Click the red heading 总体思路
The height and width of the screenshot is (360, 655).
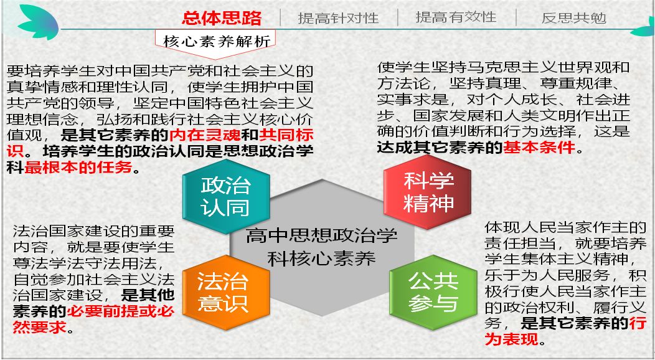(x=222, y=18)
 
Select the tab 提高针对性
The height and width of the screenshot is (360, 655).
(x=338, y=18)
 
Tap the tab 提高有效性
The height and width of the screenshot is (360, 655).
(x=456, y=17)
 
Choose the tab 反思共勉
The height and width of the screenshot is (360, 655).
(x=573, y=18)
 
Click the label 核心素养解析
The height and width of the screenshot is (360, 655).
(x=217, y=42)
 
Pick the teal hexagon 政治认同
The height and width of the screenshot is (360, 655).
(x=225, y=196)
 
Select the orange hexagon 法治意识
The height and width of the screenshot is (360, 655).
(x=222, y=291)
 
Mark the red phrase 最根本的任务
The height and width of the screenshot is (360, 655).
(x=79, y=168)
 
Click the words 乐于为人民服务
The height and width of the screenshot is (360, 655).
(x=534, y=275)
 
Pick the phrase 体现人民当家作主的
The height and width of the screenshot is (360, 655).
(x=565, y=227)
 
